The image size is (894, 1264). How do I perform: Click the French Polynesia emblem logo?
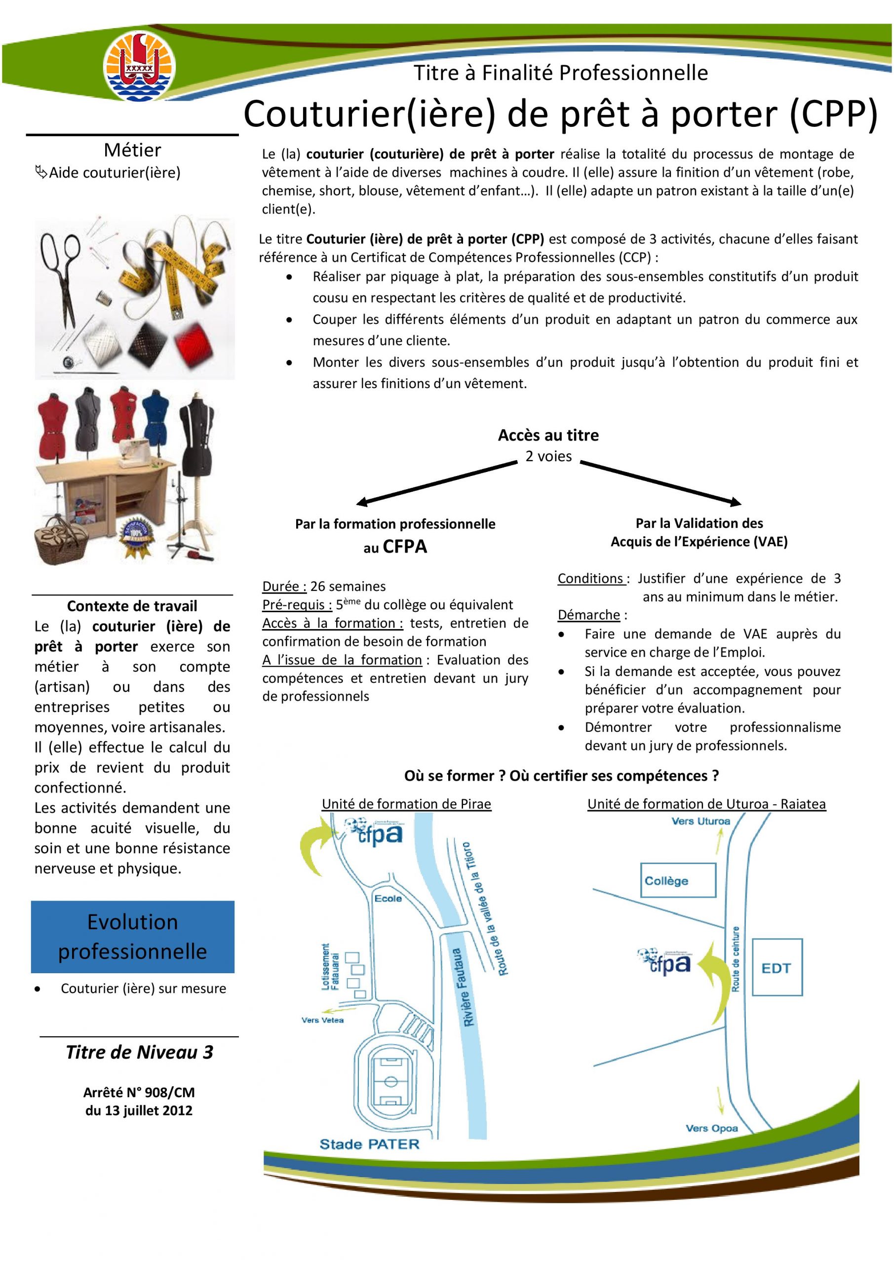click(x=140, y=67)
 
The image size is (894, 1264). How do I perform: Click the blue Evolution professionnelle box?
click(x=133, y=937)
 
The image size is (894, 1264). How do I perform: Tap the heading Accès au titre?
click(x=548, y=435)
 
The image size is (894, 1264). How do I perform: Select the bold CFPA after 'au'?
click(x=405, y=547)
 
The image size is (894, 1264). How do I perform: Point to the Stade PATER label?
click(x=369, y=1145)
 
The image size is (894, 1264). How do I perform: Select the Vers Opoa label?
click(x=711, y=1128)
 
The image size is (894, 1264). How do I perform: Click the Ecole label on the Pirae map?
click(x=388, y=898)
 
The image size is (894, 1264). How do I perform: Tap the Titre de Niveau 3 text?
click(x=139, y=1052)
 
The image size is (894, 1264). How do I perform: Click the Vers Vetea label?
click(x=322, y=1020)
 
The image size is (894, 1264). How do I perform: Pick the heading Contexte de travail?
click(x=132, y=606)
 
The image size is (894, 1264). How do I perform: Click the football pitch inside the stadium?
click(x=390, y=1081)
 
